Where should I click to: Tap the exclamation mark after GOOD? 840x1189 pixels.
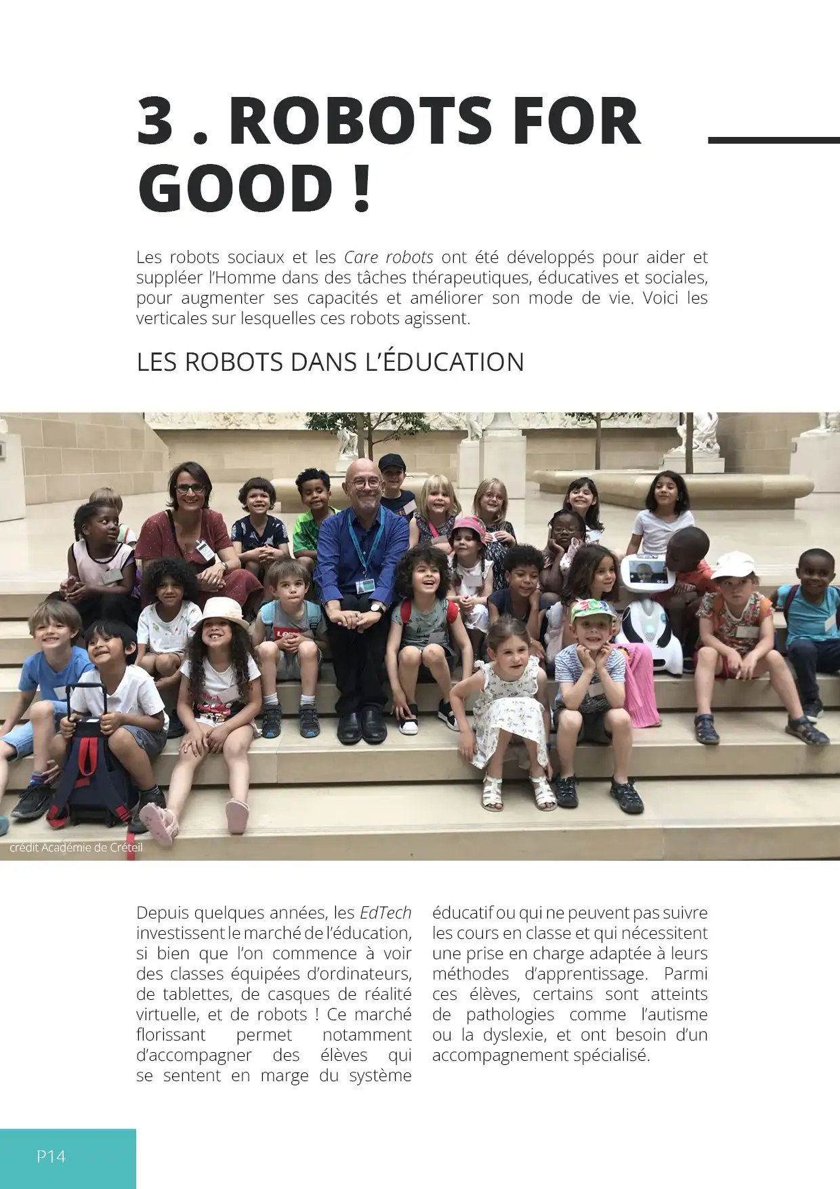pyautogui.click(x=362, y=188)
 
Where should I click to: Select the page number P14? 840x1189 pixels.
pyautogui.click(x=51, y=1156)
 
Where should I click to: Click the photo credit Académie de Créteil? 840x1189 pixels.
pyautogui.click(x=76, y=847)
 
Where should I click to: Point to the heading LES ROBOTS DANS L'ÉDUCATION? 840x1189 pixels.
pyautogui.click(x=330, y=362)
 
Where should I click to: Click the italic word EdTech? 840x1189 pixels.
pyautogui.click(x=385, y=912)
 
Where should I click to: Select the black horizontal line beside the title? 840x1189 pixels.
pyautogui.click(x=773, y=140)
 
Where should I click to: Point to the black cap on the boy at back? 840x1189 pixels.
pyautogui.click(x=392, y=462)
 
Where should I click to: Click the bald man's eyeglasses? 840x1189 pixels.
pyautogui.click(x=366, y=484)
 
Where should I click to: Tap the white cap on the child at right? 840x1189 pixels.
pyautogui.click(x=733, y=564)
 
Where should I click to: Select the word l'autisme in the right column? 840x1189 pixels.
pyautogui.click(x=673, y=1014)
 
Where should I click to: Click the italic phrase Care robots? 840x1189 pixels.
pyautogui.click(x=388, y=257)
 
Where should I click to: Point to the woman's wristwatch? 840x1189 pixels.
pyautogui.click(x=224, y=565)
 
